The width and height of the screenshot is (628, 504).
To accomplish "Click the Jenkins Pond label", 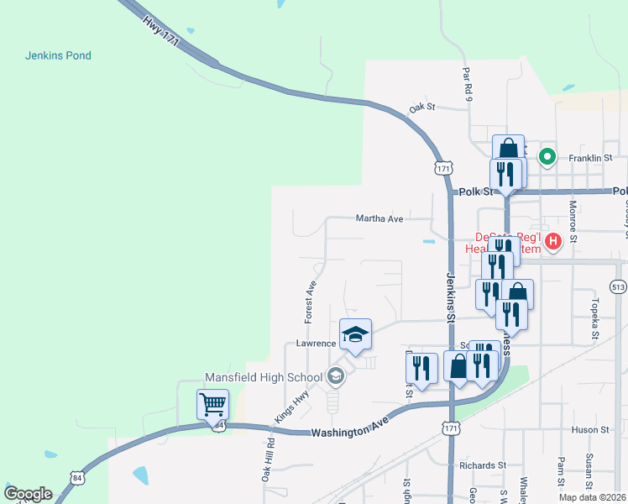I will pyautogui.click(x=58, y=55).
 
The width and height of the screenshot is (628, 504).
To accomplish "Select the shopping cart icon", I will pyautogui.click(x=212, y=404).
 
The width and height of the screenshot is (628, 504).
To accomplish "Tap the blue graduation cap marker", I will pyautogui.click(x=355, y=334).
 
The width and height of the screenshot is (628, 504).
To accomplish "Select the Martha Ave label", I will pyautogui.click(x=379, y=218).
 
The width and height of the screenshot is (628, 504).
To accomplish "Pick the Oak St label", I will pyautogui.click(x=423, y=108).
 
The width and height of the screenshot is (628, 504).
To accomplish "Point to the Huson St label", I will pyautogui.click(x=590, y=430).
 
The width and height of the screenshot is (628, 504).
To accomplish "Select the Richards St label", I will pyautogui.click(x=482, y=465).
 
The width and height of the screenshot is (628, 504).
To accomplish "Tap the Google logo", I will pyautogui.click(x=28, y=494).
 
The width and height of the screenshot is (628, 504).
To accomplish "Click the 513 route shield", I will pyautogui.click(x=619, y=286).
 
